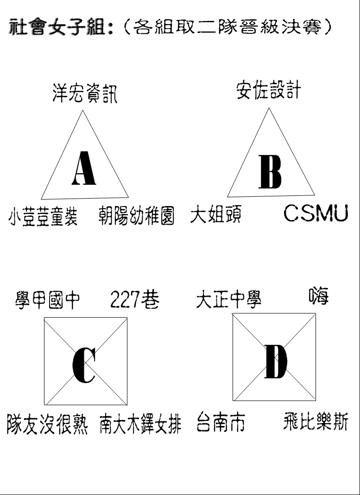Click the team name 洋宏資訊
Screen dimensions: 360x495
pos(85,94)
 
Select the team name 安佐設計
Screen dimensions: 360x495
pos(268,91)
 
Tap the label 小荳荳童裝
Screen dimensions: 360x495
pos(43,216)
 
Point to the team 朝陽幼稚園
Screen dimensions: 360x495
pos(136,216)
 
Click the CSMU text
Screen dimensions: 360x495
pos(316,213)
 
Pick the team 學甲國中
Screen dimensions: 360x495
pos(47,300)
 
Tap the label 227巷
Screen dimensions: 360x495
pos(135,299)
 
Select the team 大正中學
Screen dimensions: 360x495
pos(228,299)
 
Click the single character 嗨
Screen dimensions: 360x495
pos(319,295)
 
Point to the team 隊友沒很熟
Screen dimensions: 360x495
pos(47,424)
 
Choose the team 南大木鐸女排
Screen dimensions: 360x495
pos(140,424)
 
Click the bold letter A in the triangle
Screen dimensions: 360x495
pos(84,168)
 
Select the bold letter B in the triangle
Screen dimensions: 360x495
pos(270,172)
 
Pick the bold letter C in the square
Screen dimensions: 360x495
pos(84,365)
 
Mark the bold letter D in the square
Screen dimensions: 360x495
pos(276,362)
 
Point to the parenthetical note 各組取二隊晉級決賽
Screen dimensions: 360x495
pos(226,27)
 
